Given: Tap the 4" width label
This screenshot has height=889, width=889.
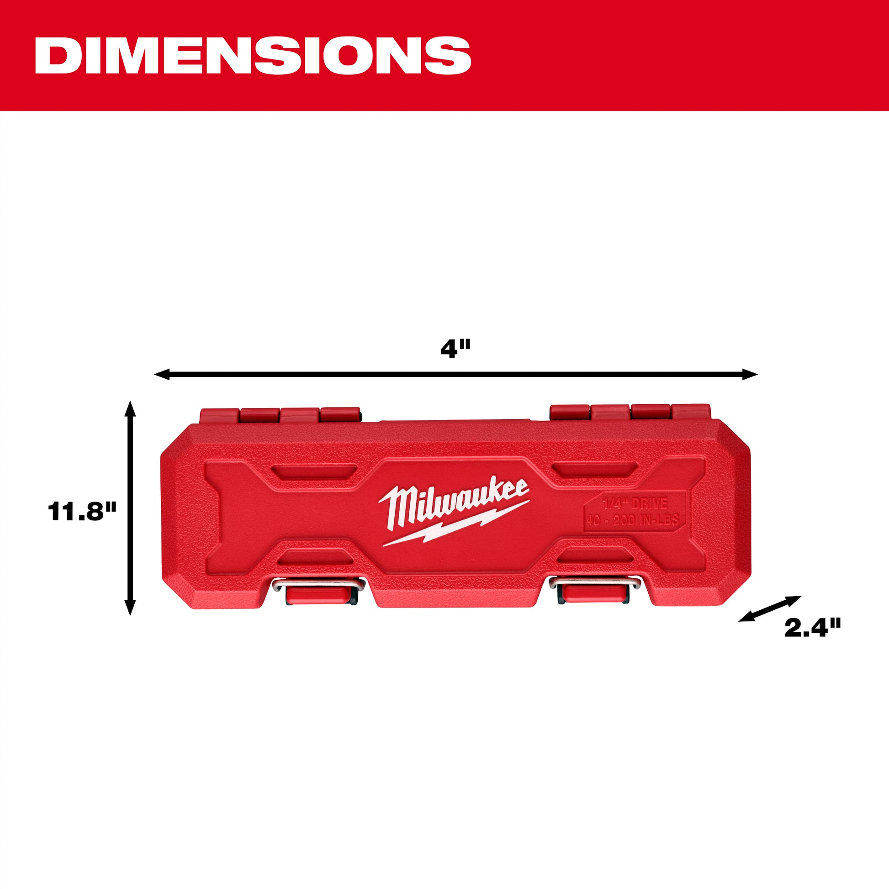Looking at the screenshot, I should click(x=455, y=349).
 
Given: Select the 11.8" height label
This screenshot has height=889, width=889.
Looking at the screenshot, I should click(x=82, y=511).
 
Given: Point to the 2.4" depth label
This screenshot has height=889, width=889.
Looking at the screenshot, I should click(x=813, y=628).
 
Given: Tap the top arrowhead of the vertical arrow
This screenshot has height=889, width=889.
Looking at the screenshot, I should click(x=131, y=407).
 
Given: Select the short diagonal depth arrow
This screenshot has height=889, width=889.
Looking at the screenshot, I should click(x=770, y=609).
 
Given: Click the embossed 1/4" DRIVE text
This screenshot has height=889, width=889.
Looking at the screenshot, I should click(x=635, y=503).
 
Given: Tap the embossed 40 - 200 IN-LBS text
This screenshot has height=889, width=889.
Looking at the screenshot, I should click(x=632, y=520).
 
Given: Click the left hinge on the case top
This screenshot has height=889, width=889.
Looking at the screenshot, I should click(x=280, y=415).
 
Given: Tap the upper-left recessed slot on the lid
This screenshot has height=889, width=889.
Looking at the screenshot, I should click(x=314, y=471).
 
